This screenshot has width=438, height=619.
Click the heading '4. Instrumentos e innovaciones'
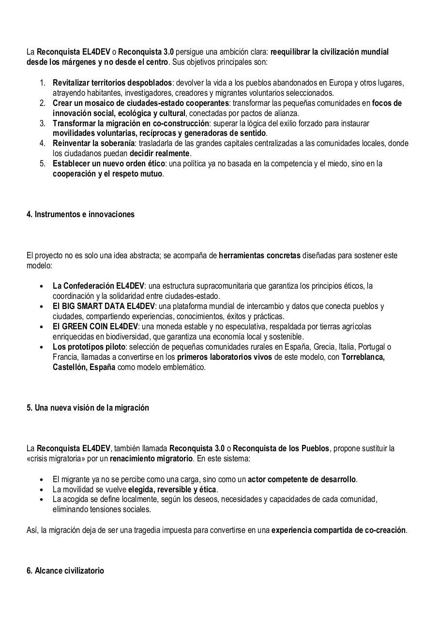(x=80, y=214)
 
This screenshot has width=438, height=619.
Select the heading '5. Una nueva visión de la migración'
(x=88, y=408)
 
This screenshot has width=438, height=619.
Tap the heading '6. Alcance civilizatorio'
(x=65, y=571)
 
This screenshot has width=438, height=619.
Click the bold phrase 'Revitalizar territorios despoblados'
(x=112, y=83)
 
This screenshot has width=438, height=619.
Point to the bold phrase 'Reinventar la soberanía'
(x=93, y=143)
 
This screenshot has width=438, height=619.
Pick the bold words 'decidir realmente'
(x=159, y=153)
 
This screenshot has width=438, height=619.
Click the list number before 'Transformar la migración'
(x=43, y=123)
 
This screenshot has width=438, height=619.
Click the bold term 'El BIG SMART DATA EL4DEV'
(x=104, y=306)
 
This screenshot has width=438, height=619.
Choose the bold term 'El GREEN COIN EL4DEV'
(x=96, y=326)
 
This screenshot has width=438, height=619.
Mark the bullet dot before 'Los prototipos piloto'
(x=43, y=347)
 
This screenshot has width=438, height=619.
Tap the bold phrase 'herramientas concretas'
(x=259, y=255)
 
